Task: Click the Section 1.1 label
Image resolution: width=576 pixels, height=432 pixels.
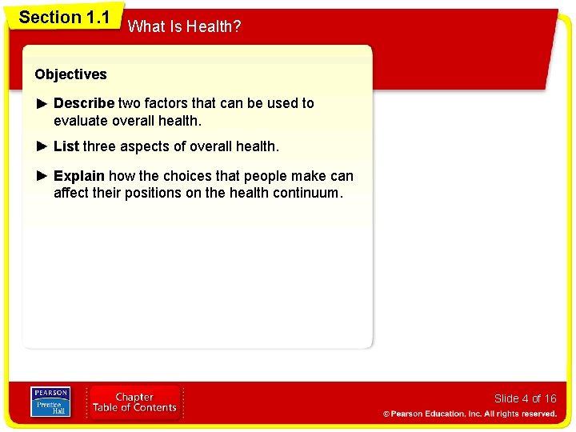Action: tap(64, 17)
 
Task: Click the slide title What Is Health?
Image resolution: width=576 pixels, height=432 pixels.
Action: tap(184, 26)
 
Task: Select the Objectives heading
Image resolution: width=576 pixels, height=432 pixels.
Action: tap(70, 74)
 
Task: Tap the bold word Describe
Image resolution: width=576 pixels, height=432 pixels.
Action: tap(84, 103)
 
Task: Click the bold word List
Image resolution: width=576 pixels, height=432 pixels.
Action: tap(66, 146)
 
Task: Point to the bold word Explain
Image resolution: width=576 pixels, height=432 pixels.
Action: tap(78, 176)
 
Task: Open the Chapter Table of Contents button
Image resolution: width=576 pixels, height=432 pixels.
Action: tap(134, 402)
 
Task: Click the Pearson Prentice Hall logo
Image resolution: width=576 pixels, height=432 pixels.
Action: tap(50, 402)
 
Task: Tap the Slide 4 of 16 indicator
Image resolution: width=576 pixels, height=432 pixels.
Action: tap(525, 398)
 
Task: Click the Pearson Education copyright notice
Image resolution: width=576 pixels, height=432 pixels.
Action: tap(470, 414)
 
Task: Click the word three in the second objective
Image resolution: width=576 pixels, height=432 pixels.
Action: tap(99, 146)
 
